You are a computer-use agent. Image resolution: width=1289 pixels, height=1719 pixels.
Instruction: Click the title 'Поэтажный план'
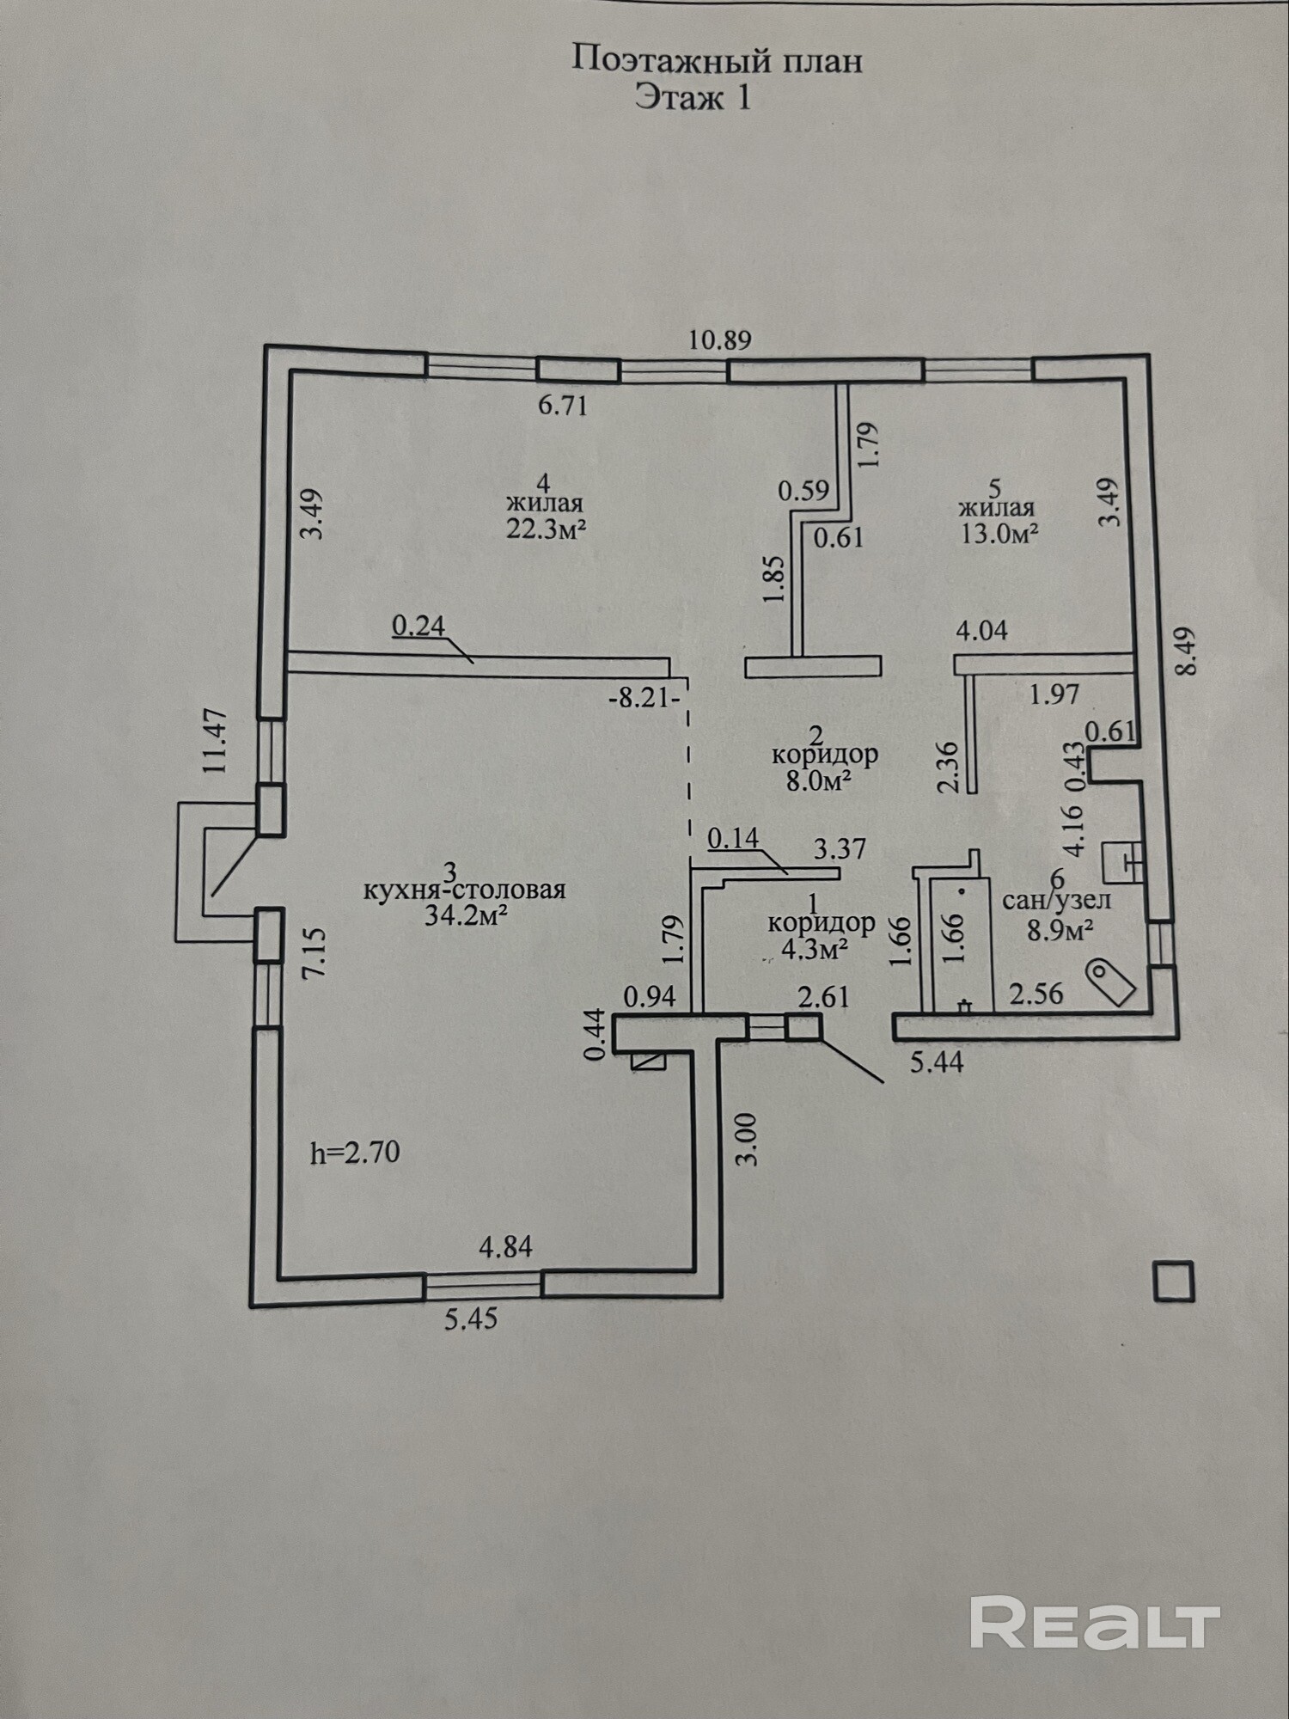tap(717, 60)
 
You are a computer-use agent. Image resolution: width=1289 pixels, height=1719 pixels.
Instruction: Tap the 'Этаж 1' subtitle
tap(693, 96)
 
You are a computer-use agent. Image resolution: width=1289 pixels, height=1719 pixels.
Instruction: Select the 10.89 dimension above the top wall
tap(720, 340)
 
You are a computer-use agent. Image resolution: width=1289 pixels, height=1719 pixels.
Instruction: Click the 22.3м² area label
tap(546, 529)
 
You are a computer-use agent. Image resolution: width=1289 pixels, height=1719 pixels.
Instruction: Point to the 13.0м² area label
tap(999, 533)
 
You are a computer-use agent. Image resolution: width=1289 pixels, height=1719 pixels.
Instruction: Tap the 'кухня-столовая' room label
tap(465, 890)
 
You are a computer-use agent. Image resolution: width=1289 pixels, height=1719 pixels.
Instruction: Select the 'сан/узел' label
tap(1057, 900)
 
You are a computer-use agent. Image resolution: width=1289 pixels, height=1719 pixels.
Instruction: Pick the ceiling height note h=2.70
tap(355, 1152)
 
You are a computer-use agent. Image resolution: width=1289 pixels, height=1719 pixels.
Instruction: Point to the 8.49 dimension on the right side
tap(1186, 652)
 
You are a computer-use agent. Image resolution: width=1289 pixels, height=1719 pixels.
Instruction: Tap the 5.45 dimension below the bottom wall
tap(471, 1318)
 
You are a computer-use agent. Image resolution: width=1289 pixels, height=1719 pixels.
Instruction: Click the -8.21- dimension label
tap(644, 698)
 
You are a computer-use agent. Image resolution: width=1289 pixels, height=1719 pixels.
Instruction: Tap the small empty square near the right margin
tap(1174, 1282)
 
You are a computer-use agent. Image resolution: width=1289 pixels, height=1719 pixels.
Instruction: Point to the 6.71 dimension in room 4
tap(563, 405)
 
